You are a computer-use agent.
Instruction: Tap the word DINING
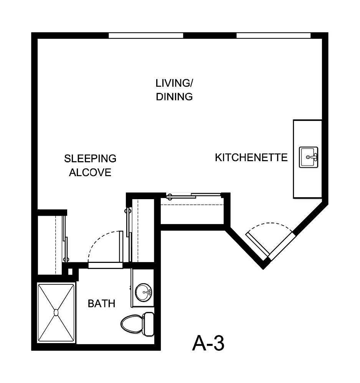click(174, 97)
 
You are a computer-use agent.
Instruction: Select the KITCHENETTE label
click(251, 157)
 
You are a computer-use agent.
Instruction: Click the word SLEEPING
click(90, 158)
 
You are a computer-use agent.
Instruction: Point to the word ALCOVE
click(90, 173)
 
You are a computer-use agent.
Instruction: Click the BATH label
click(101, 304)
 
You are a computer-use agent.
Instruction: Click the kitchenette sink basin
click(309, 157)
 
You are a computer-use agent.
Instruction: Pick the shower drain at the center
click(56, 312)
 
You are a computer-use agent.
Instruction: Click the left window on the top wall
click(146, 36)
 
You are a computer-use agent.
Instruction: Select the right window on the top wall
click(273, 36)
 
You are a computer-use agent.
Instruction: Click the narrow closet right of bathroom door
click(142, 230)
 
